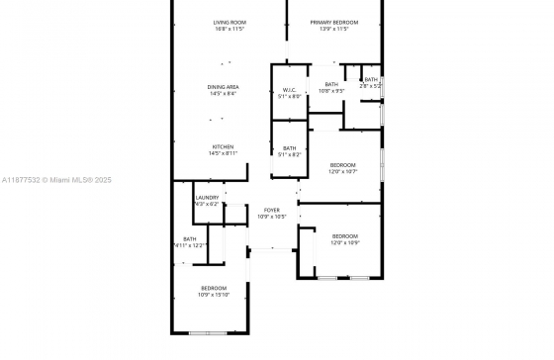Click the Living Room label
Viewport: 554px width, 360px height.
pos(230,23)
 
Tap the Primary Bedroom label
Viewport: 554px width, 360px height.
pos(332,23)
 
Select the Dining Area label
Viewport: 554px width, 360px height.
pos(223,87)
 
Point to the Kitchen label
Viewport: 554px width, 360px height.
pos(222,147)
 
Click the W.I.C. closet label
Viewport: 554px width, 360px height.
pos(289,90)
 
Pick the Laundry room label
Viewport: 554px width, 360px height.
pos(207,198)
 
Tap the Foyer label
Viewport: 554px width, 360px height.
pos(272,211)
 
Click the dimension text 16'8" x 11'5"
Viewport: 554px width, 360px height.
pos(230,30)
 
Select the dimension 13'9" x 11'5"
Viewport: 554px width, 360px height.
pos(333,30)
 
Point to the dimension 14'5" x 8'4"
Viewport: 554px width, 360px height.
pos(223,94)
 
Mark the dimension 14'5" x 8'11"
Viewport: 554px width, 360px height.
pos(223,154)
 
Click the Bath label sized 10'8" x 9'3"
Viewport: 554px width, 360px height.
pos(331,84)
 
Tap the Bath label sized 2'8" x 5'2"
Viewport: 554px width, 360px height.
pos(371,79)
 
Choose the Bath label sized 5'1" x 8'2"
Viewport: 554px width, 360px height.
pos(289,148)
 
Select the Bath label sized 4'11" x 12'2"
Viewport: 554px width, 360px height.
pos(189,238)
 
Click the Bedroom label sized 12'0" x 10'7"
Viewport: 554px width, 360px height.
pos(343,164)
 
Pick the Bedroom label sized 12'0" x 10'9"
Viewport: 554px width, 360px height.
pos(345,235)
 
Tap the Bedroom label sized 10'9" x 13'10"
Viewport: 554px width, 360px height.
pos(214,288)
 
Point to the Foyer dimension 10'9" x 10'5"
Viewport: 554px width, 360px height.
pos(272,218)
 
